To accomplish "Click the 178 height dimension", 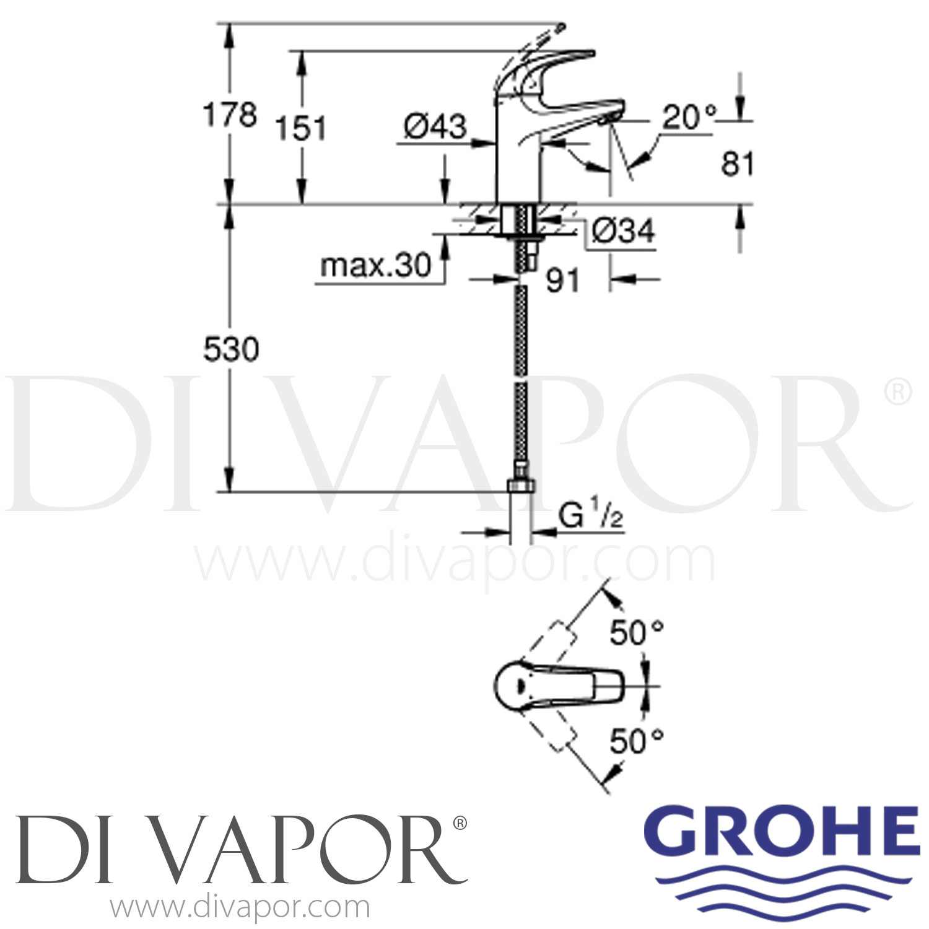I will click(230, 115).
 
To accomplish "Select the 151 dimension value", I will click(300, 129).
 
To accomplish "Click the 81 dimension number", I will click(738, 165).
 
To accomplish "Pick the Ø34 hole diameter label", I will click(622, 231).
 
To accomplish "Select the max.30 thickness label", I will click(375, 266).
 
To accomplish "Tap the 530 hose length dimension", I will click(231, 350).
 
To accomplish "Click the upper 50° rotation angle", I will click(636, 632).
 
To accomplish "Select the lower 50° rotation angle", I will click(636, 741).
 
